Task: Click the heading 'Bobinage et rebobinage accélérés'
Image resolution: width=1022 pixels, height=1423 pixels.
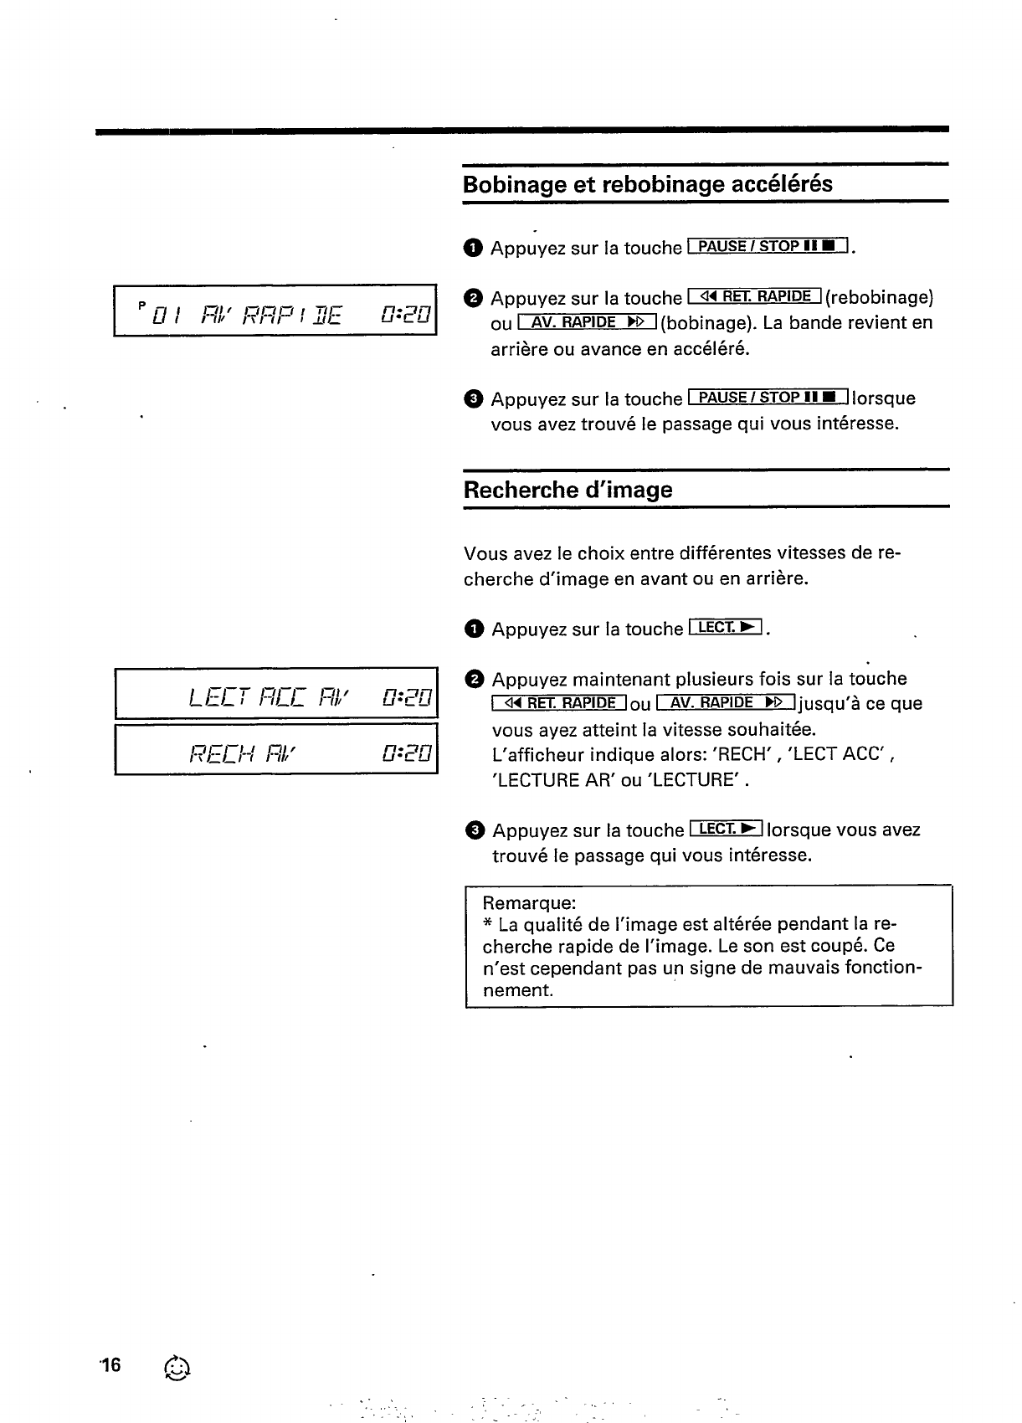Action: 647,184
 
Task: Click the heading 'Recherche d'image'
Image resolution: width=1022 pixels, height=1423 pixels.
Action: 567,490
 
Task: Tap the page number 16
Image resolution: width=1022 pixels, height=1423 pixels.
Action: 110,1366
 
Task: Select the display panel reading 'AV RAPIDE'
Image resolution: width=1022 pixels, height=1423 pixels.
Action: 275,311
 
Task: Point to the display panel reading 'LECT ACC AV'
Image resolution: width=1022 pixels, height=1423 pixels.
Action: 276,693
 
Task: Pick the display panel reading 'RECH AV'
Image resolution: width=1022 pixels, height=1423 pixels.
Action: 276,749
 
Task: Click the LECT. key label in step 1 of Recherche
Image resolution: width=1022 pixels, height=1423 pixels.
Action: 725,628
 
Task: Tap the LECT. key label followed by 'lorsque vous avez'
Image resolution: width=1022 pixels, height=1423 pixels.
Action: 726,830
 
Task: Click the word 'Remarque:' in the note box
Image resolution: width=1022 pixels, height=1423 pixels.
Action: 529,903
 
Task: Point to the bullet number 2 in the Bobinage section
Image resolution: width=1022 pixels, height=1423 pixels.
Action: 473,298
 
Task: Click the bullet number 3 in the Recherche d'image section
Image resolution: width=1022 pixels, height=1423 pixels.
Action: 475,830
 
